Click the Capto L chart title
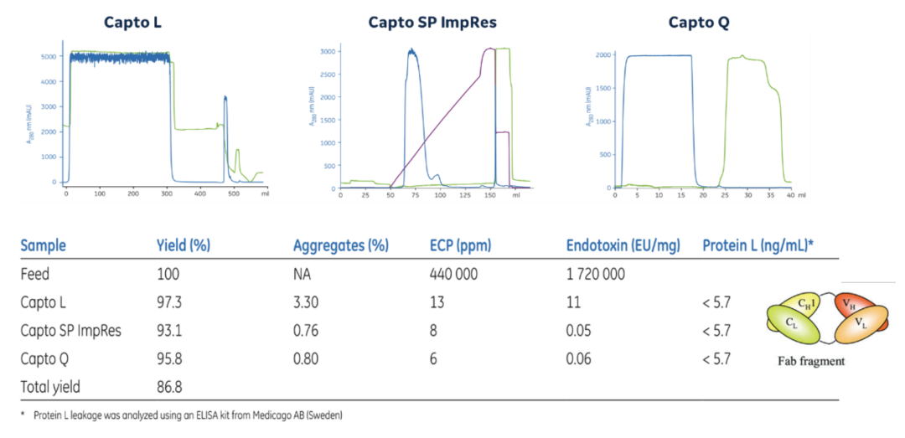[x=132, y=23]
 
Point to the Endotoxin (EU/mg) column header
[x=623, y=245]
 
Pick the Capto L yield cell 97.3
[x=169, y=302]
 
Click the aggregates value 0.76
[x=307, y=331]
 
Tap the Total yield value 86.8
[x=169, y=387]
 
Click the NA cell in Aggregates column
[x=302, y=274]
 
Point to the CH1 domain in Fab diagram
[x=808, y=304]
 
